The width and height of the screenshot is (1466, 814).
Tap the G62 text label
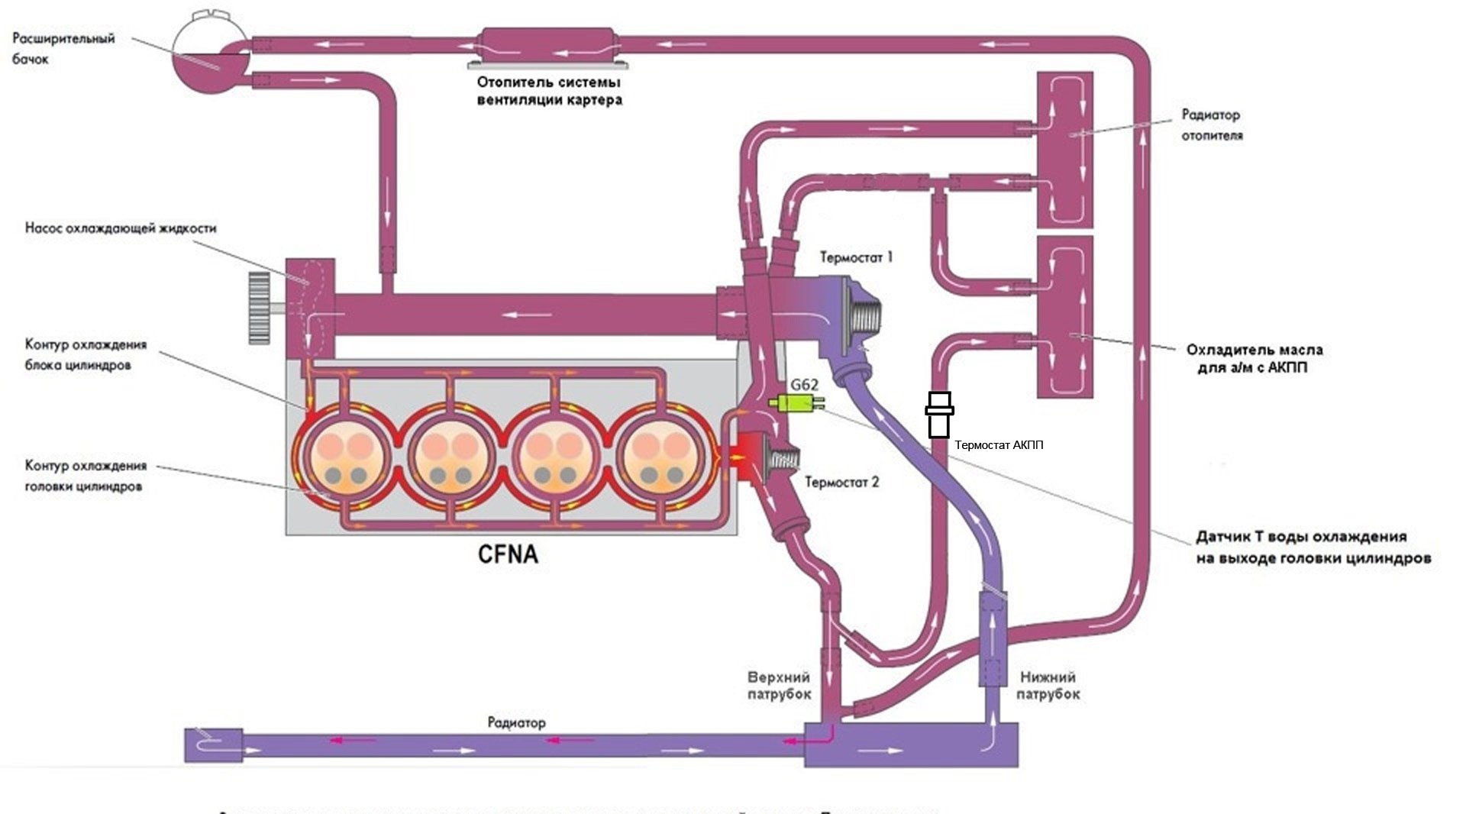click(803, 384)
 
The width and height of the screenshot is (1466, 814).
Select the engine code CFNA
click(508, 554)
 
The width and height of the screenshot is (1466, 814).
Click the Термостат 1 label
click(856, 257)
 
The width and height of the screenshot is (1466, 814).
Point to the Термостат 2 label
click(841, 482)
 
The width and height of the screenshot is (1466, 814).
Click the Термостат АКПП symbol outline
click(939, 415)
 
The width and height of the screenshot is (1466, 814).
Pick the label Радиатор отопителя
click(1212, 125)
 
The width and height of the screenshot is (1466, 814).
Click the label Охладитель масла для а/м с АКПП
click(1254, 359)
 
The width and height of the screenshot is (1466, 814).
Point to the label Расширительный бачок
click(63, 48)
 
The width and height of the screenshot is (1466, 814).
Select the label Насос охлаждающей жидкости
click(121, 228)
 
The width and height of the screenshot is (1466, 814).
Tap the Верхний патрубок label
click(779, 686)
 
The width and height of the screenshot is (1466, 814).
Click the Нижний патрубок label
click(1048, 686)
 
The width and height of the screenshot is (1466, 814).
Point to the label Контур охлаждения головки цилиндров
click(86, 476)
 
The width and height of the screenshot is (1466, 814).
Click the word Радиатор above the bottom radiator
click(517, 722)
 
